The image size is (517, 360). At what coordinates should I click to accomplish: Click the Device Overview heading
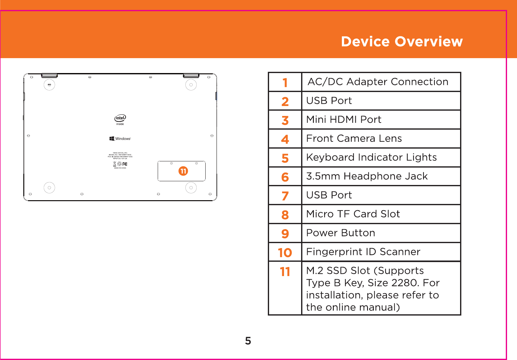[402, 42]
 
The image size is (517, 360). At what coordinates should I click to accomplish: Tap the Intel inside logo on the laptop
[120, 119]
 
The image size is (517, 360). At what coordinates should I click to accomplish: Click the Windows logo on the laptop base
[120, 139]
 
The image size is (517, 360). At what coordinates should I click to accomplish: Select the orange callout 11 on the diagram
[183, 171]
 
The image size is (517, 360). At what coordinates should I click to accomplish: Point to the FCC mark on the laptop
[125, 164]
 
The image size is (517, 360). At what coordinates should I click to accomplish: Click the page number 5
[248, 341]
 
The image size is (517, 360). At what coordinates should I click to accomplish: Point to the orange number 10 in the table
[285, 253]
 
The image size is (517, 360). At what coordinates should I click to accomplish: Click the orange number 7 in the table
[285, 196]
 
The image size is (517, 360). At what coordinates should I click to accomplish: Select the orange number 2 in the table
[285, 102]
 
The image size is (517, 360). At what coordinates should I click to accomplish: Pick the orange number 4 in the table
[285, 139]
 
